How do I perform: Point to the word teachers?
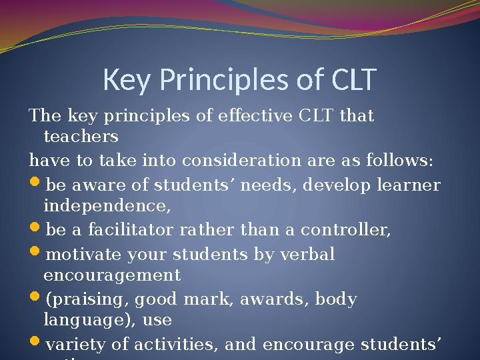tap(81, 137)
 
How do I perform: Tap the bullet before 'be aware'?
tap(35, 185)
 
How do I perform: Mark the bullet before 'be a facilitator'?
tap(35, 231)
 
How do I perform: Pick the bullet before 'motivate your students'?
tap(35, 254)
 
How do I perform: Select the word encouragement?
tap(112, 275)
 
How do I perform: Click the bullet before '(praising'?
tap(35, 299)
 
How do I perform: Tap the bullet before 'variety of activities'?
tap(35, 344)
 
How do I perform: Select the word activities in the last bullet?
tap(183, 344)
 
